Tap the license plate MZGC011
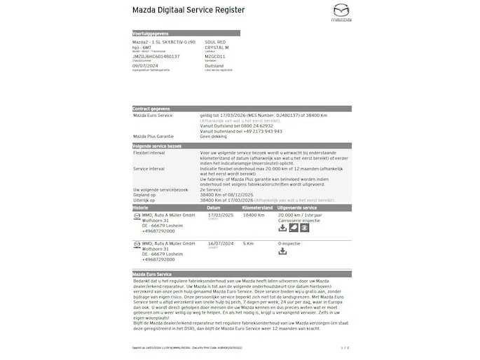pos(215,56)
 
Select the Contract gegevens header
pos(152,109)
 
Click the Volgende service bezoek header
pos(158,146)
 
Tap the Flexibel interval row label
pos(150,152)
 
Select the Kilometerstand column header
pos(256,208)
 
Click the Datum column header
pos(214,208)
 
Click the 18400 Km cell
pos(253,215)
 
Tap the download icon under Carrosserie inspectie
pos(282,228)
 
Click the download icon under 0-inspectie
pos(282,251)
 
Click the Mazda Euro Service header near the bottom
pos(152,274)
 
